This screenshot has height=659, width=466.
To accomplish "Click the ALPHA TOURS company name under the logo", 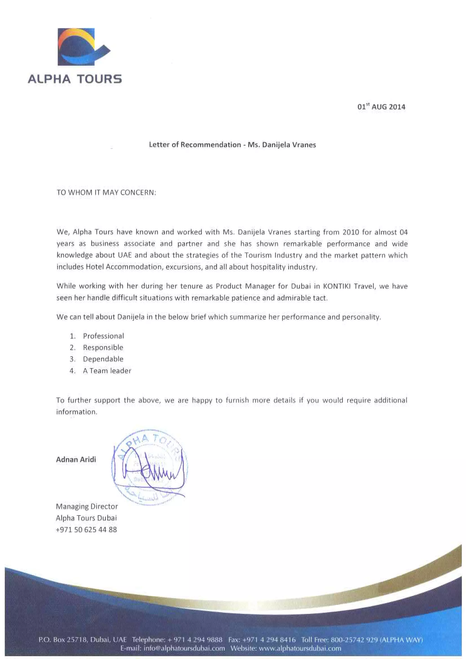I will tap(75, 79).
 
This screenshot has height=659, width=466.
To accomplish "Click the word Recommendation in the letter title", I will tap(210, 145).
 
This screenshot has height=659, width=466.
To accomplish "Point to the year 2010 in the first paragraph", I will tap(351, 232).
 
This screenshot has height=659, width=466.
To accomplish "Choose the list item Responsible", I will tap(103, 348).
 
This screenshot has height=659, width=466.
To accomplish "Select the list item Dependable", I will tap(103, 359).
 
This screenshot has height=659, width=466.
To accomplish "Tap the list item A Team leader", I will tap(107, 371).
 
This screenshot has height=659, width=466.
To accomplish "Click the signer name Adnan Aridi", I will tap(76, 460).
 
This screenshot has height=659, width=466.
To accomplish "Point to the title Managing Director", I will tap(87, 506).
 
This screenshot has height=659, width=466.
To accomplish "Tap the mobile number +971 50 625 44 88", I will tap(86, 530).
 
